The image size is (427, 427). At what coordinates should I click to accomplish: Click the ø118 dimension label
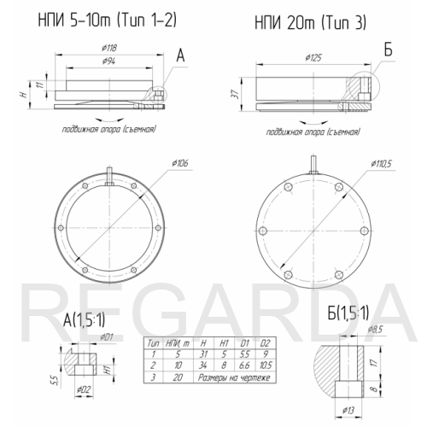tap(109, 48)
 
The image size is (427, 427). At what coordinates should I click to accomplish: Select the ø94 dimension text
tap(108, 61)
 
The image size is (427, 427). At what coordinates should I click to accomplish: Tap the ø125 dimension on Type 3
tap(313, 58)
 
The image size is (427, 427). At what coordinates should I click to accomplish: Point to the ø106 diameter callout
tap(180, 163)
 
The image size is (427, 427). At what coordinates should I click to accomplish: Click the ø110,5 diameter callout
tap(381, 164)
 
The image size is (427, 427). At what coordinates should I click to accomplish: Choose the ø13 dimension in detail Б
tap(348, 410)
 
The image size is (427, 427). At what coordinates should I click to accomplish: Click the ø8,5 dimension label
tap(375, 330)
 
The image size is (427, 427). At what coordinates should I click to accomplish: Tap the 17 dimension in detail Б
tap(375, 362)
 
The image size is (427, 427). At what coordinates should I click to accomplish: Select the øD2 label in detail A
tap(85, 389)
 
